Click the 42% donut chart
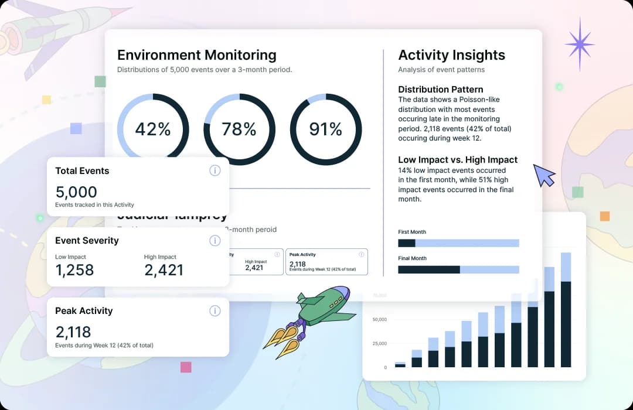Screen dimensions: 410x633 [153, 129]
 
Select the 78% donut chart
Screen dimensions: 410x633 [239, 129]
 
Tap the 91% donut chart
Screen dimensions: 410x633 [325, 129]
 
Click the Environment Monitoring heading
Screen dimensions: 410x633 [197, 55]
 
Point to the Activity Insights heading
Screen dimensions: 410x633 [451, 55]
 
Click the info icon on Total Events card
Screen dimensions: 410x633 [215, 170]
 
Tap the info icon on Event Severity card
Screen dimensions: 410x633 [215, 241]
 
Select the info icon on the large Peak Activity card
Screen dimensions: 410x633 [215, 311]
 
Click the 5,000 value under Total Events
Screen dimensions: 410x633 [76, 192]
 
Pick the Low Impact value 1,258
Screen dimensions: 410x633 [74, 270]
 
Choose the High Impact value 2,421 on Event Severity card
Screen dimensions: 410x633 [164, 270]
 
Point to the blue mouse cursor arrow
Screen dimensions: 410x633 [544, 176]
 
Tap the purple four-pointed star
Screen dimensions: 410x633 [579, 44]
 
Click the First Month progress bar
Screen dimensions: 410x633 [458, 243]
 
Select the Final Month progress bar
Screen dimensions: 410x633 [458, 270]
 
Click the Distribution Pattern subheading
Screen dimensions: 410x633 [441, 90]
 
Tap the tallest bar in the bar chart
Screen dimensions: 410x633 [566, 310]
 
